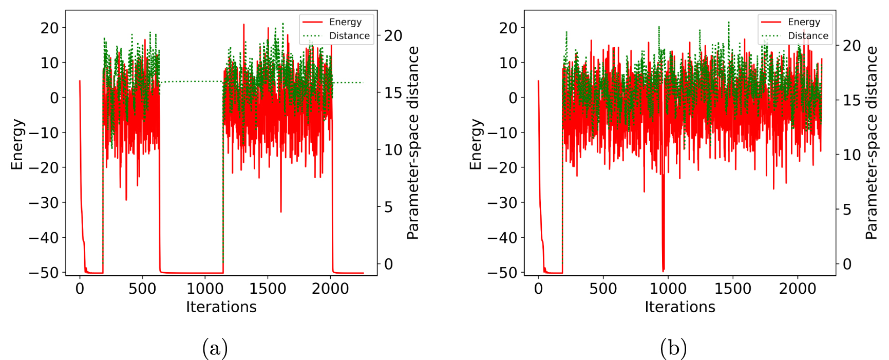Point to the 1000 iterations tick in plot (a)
point(205,289)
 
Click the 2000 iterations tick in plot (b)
point(797,289)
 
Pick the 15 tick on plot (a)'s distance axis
point(393,93)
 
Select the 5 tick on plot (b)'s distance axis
point(847,210)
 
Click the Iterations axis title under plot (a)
point(221,307)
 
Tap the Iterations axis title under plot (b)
point(679,307)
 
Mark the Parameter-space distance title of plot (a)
point(413,143)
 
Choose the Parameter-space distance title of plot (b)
point(872,143)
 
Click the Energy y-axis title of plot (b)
point(476,144)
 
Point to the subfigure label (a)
point(215,349)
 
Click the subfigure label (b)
point(673,349)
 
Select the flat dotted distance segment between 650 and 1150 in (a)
point(191,82)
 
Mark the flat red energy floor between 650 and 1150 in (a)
point(191,273)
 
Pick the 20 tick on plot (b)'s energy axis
point(509,28)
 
